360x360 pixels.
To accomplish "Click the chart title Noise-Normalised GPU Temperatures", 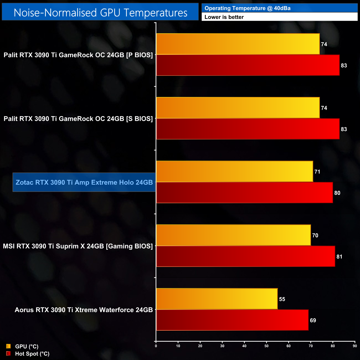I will point(100,13).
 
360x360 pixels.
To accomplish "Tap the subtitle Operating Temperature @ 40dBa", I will point(247,8).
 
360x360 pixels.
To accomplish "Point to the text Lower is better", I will point(224,17).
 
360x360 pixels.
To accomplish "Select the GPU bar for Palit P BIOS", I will point(238,44).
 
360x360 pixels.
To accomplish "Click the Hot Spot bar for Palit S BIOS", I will point(248,129).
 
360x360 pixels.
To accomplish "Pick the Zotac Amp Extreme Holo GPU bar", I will point(235,171).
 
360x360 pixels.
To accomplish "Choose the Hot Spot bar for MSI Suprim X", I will point(246,256).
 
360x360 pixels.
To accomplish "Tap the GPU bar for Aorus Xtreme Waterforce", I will point(217,299).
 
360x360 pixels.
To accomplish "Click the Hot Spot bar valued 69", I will point(232,320).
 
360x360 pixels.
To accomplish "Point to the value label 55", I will point(282,299).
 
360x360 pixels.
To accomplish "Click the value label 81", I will point(339,257).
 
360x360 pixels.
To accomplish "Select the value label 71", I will point(317,172).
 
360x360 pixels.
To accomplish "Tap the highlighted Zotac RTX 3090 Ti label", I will point(84,182).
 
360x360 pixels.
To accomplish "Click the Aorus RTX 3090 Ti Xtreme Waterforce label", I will point(84,310).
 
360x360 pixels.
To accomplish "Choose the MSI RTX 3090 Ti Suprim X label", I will point(78,246).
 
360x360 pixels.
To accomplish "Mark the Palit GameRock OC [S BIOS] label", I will point(78,119).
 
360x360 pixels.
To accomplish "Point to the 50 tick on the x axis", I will point(266,346).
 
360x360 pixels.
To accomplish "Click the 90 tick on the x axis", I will point(355,346).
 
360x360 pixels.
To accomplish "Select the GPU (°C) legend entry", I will point(27,346).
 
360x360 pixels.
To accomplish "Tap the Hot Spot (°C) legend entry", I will point(32,354).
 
